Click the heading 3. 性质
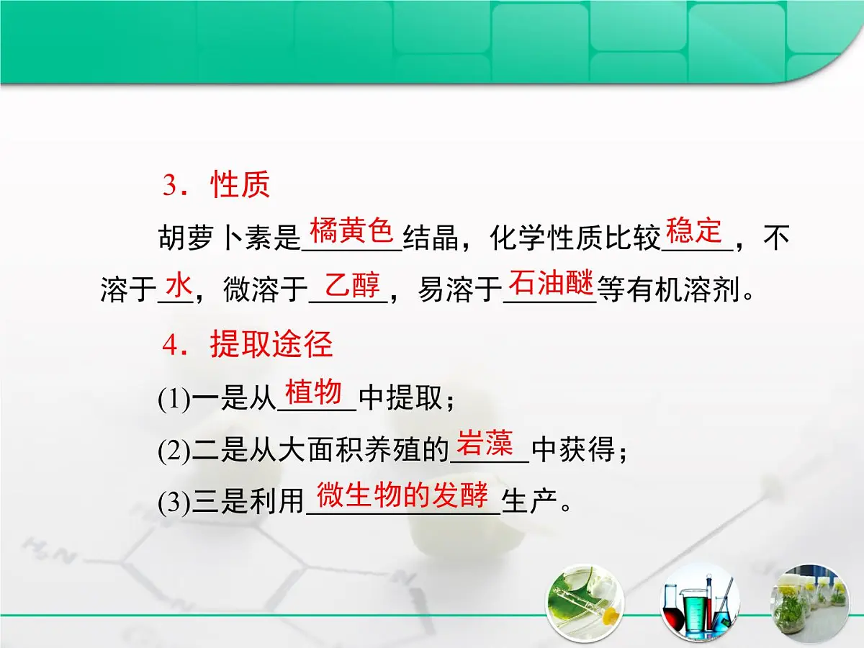coord(216,185)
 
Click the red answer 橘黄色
coord(351,232)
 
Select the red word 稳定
coord(694,231)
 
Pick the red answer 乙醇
coord(352,286)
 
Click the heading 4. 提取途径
coord(248,346)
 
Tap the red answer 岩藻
coord(485,445)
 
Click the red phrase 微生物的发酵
coord(403,495)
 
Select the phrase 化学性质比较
coord(575,238)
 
